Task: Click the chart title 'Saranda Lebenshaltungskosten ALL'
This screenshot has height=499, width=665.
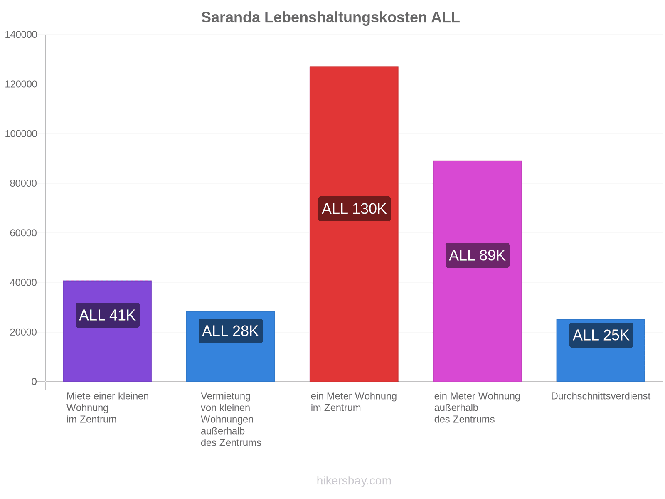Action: tap(330, 17)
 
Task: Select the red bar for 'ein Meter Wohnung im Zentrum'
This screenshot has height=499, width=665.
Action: tap(354, 224)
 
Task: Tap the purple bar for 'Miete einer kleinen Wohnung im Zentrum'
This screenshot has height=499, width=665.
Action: tap(107, 331)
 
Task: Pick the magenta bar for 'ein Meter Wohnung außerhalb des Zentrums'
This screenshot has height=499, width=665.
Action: tap(477, 271)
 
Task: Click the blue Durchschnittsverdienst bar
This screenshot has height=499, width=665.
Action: tap(601, 351)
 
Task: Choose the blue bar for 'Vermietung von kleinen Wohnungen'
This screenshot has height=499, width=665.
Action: tap(231, 346)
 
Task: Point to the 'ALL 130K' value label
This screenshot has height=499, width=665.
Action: tap(354, 209)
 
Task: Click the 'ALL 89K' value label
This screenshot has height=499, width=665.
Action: tap(477, 255)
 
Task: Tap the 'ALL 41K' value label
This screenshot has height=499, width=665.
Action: tap(108, 315)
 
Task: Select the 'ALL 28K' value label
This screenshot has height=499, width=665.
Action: tap(231, 331)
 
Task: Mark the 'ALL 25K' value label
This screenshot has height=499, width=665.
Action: tap(601, 335)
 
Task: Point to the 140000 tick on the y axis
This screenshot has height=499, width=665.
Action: tap(21, 35)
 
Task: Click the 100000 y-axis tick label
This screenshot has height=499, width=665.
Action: tap(21, 133)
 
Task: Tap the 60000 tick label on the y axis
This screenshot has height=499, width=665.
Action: tap(23, 233)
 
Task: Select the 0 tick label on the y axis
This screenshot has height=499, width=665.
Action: tap(34, 382)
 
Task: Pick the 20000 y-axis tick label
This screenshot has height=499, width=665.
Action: tap(23, 332)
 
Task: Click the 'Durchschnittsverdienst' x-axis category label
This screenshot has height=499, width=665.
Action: tap(601, 396)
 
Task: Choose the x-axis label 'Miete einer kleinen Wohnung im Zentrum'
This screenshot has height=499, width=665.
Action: tap(108, 408)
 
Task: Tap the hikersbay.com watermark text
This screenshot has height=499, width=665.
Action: tap(354, 481)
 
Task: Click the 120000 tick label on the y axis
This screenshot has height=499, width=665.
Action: tap(21, 84)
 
